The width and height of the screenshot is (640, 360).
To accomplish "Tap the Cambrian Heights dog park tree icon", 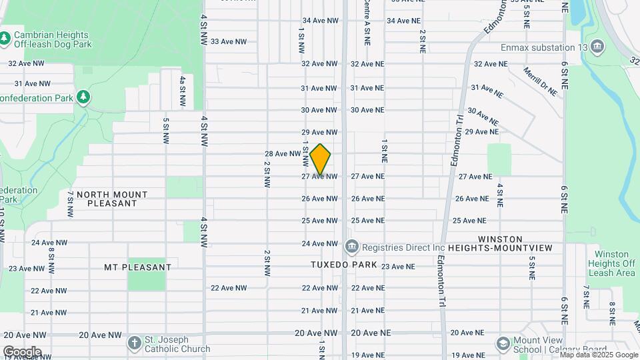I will [5, 39].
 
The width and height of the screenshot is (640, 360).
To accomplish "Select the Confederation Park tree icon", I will [83, 98].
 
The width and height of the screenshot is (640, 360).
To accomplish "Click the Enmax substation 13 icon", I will [597, 47].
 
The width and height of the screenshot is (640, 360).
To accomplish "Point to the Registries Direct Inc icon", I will [352, 247].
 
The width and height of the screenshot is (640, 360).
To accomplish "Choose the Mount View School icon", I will [504, 344].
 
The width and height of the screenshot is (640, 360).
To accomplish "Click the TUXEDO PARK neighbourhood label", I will [344, 265].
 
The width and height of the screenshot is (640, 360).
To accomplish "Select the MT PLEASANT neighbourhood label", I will [138, 267].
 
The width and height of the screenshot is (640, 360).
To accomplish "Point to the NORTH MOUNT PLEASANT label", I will [112, 199].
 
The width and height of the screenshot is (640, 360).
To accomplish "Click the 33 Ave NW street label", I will [229, 41].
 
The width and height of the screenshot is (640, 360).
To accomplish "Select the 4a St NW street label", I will [182, 91].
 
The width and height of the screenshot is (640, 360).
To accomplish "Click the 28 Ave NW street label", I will [283, 153].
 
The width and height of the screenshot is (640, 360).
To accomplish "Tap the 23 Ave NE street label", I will [398, 266].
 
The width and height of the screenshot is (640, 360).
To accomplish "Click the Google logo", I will [22, 351].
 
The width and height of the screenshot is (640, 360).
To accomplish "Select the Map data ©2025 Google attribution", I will [599, 355].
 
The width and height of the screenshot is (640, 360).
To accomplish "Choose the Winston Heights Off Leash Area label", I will [615, 263].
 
